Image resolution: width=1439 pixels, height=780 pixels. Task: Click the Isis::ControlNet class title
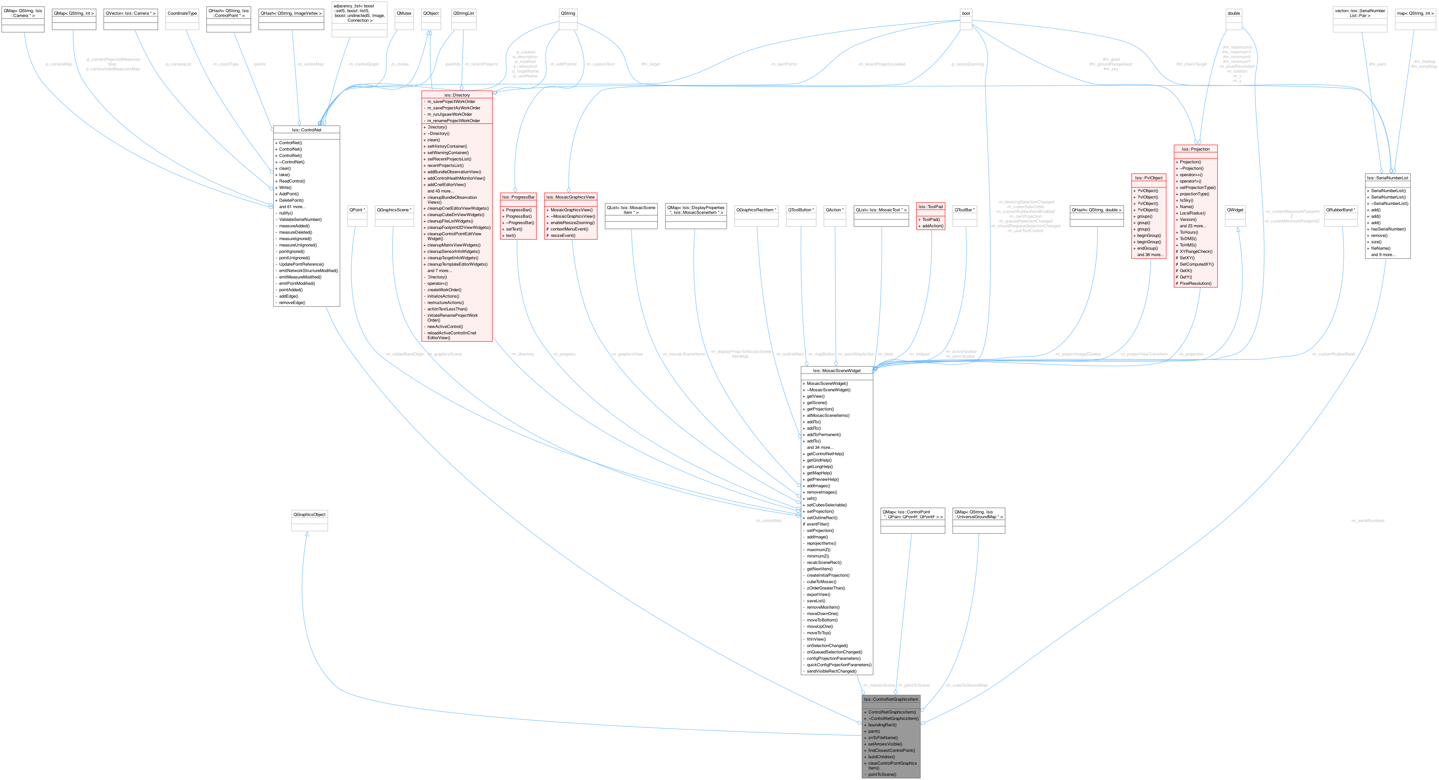click(306, 130)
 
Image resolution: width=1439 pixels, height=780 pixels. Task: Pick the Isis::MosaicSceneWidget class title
click(836, 370)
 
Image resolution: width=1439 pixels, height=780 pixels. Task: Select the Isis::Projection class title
click(1196, 149)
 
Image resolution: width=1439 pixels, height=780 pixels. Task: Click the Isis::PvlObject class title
click(1149, 178)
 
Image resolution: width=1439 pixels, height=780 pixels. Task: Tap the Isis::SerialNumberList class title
click(1387, 178)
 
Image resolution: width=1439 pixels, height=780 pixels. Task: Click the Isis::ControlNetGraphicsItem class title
click(890, 699)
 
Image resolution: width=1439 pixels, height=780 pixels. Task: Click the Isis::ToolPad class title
click(930, 207)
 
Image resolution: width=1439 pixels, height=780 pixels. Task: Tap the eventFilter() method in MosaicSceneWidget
click(818, 524)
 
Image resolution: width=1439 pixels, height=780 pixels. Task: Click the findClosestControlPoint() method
click(891, 750)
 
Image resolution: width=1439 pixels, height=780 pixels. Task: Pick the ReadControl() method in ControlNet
click(292, 181)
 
